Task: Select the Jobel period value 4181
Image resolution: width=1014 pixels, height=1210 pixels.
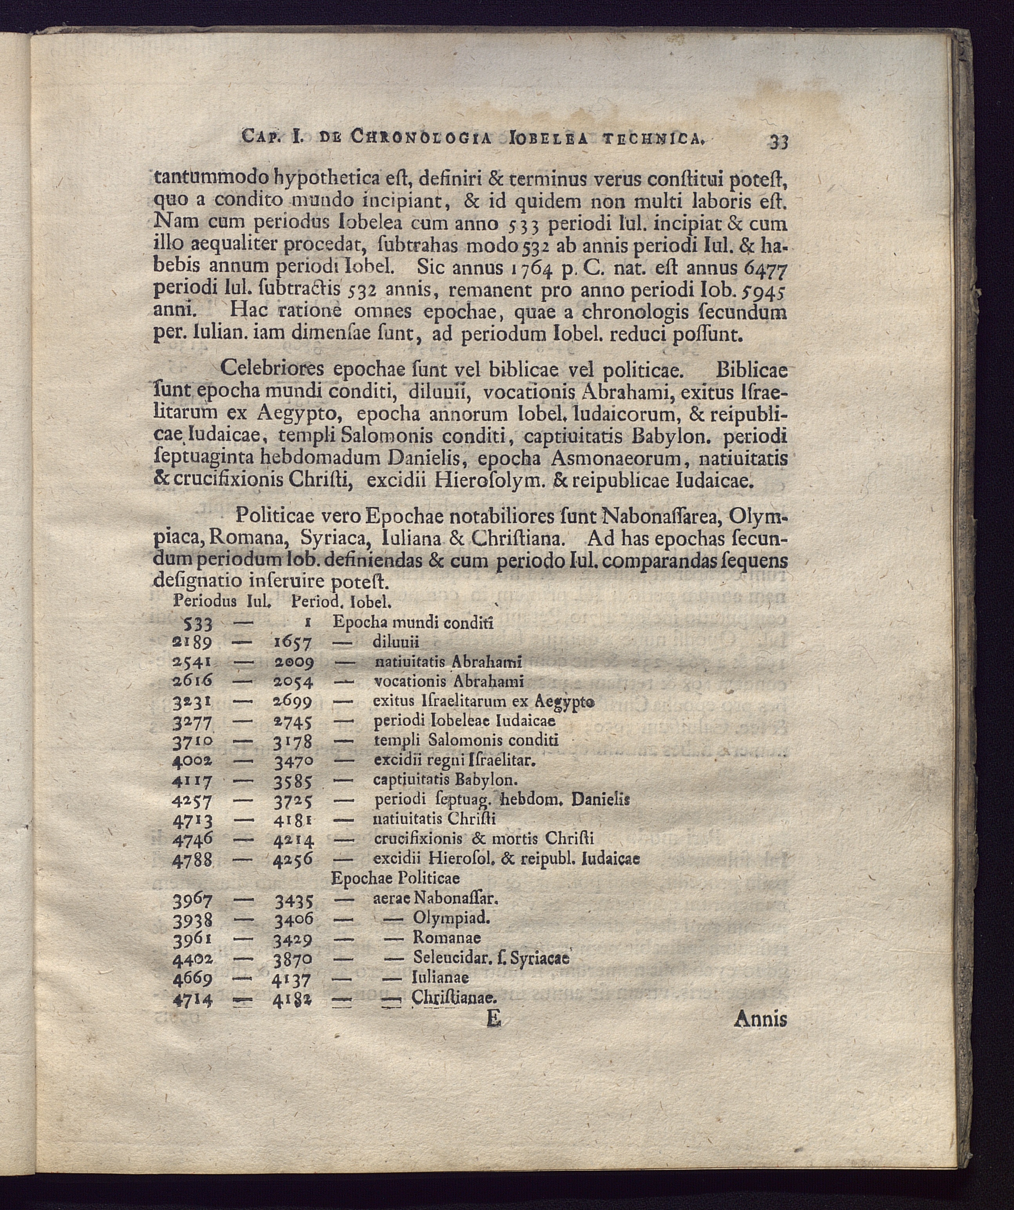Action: tap(293, 819)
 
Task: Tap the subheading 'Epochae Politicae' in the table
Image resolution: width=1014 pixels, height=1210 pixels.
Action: tap(395, 879)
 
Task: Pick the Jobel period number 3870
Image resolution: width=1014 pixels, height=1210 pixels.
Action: tap(293, 959)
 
